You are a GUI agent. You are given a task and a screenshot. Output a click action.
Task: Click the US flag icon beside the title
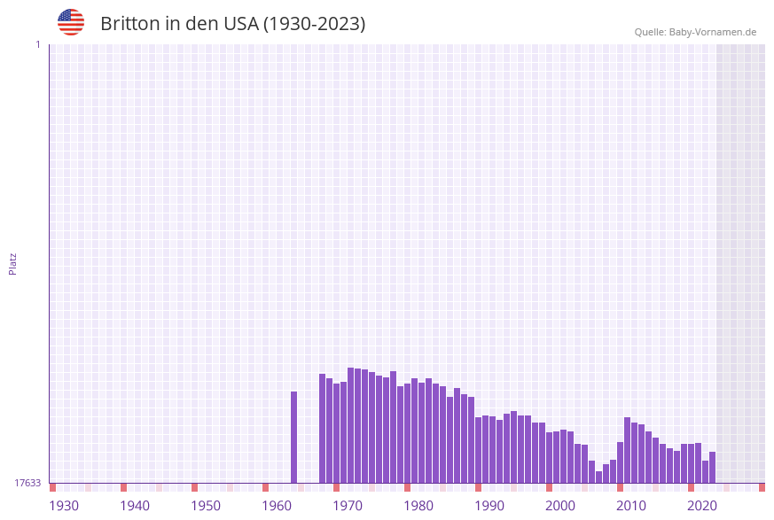point(71,22)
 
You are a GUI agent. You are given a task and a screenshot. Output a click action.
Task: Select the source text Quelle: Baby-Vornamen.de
point(695,32)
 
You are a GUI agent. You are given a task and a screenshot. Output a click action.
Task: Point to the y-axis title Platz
point(13,263)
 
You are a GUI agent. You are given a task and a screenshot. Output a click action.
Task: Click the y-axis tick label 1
point(37,44)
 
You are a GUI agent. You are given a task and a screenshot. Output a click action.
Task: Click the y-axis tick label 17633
point(27,483)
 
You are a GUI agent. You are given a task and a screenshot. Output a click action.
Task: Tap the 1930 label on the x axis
point(64,506)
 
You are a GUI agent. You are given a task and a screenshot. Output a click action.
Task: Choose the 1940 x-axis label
point(135,506)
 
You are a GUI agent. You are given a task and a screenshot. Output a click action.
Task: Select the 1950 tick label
point(206,506)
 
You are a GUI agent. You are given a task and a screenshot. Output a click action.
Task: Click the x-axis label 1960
point(277,506)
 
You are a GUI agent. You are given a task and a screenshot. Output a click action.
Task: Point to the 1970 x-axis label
point(348,506)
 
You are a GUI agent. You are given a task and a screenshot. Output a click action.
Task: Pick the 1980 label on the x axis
point(418,506)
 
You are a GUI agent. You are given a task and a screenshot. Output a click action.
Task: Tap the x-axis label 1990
point(489,506)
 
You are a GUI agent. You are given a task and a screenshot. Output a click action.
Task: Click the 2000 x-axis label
point(560,506)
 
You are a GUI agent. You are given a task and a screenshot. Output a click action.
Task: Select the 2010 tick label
point(631,506)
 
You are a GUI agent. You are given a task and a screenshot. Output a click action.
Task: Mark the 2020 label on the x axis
point(702,506)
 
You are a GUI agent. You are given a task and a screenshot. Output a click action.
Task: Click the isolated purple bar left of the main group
point(294,437)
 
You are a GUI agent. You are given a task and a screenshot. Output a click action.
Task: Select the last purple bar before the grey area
point(712,467)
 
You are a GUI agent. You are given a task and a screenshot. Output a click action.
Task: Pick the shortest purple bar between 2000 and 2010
point(599,477)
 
